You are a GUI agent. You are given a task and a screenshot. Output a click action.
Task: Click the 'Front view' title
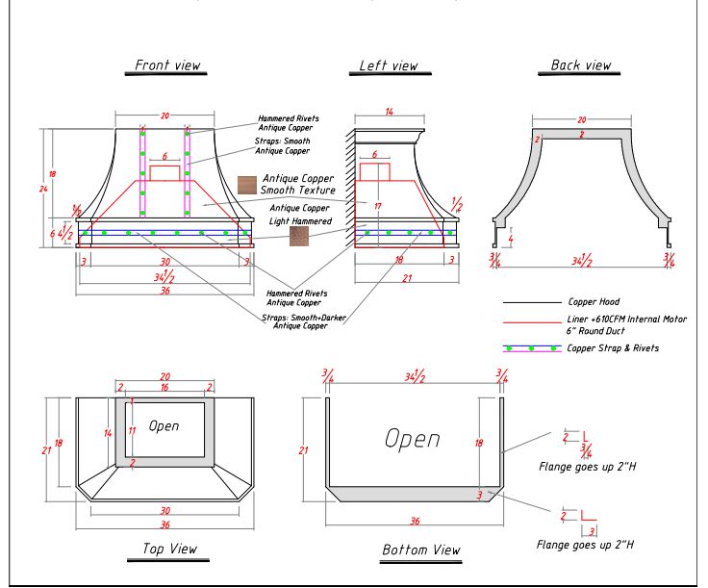click(x=167, y=65)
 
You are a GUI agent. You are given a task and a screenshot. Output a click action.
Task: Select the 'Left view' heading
click(x=389, y=66)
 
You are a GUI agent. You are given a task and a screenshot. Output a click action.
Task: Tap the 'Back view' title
click(x=580, y=65)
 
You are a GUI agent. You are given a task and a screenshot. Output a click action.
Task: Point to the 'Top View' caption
click(x=169, y=549)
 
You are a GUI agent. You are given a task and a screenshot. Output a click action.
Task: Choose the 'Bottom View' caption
click(x=420, y=550)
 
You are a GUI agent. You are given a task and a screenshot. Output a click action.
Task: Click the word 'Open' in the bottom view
click(x=413, y=439)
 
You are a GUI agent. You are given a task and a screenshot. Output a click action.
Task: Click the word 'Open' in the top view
click(x=164, y=425)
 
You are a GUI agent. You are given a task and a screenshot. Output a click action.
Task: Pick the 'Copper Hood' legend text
click(x=594, y=302)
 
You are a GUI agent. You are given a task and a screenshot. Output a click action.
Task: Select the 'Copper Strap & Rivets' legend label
click(x=613, y=348)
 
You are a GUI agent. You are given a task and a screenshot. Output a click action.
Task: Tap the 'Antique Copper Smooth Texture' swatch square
click(x=247, y=184)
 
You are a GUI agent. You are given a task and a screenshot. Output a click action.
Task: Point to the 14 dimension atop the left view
click(x=389, y=113)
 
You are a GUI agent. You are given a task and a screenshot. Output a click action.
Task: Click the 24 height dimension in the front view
click(x=43, y=189)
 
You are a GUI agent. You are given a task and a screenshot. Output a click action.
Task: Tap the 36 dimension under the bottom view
click(x=414, y=521)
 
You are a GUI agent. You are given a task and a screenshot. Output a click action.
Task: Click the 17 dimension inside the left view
click(x=378, y=206)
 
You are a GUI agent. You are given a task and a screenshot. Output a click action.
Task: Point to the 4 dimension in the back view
click(x=511, y=238)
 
